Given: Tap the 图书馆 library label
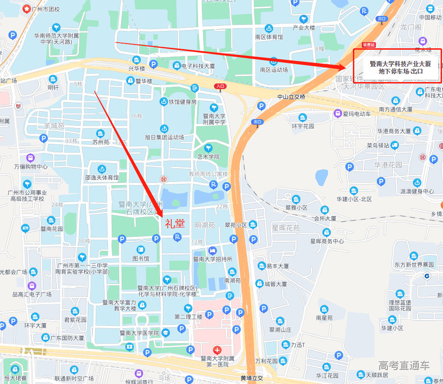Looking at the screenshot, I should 140,258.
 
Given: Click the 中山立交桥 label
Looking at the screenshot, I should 291,97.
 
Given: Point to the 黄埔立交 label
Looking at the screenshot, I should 252,378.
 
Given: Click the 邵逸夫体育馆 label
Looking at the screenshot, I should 102,178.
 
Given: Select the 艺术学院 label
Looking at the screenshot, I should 208,157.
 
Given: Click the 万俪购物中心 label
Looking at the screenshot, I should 31,166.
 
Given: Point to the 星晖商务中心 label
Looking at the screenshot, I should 327,241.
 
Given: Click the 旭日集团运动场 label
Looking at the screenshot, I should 164,137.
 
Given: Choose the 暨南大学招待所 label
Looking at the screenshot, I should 213,259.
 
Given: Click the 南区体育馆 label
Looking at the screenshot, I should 269,37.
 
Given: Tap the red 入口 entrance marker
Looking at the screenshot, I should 220,86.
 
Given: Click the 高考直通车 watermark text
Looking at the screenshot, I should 404,366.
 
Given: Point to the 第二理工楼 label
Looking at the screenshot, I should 188,316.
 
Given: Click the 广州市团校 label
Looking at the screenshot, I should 46,9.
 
